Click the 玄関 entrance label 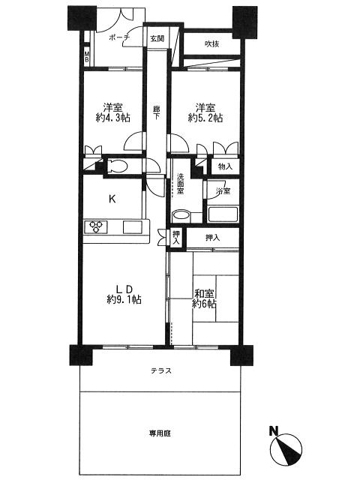pyautogui.click(x=156, y=38)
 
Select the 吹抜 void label pyautogui.click(x=213, y=44)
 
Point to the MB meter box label pyautogui.click(x=87, y=58)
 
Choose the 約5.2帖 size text pyautogui.click(x=205, y=118)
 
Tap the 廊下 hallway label pyautogui.click(x=156, y=112)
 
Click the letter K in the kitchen pyautogui.click(x=112, y=199)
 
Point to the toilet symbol pyautogui.click(x=118, y=166)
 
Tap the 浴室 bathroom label pyautogui.click(x=223, y=192)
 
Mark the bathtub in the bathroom pyautogui.click(x=222, y=214)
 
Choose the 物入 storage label pyautogui.click(x=225, y=166)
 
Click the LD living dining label pyautogui.click(x=124, y=289)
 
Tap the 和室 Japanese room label pyautogui.click(x=204, y=293)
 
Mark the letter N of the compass pyautogui.click(x=274, y=431)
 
